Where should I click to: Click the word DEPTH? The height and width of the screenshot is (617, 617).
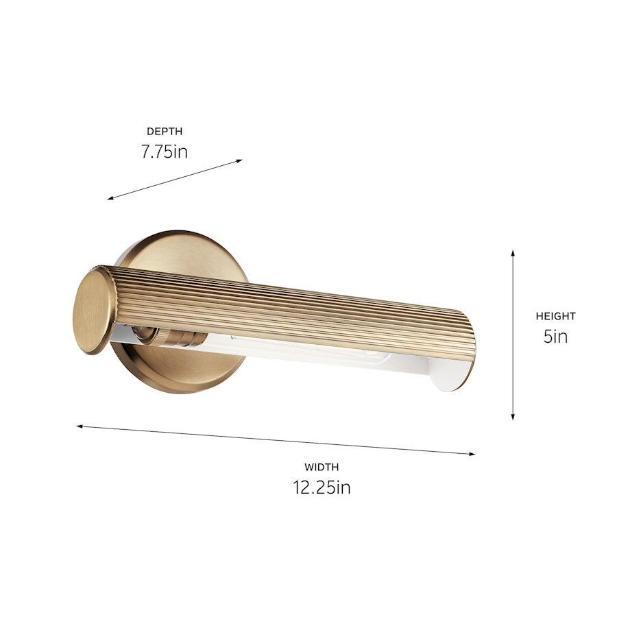point(165,131)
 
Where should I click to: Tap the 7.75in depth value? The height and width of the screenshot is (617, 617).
point(165,152)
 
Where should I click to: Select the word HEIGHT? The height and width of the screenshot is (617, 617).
point(556,316)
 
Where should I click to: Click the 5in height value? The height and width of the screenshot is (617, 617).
point(556,337)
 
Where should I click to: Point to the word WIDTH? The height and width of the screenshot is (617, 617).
point(322,467)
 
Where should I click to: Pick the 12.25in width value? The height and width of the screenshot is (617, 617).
point(322,487)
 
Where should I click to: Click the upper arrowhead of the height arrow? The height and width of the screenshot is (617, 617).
point(513,253)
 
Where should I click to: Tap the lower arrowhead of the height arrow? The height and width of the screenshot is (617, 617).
point(513,417)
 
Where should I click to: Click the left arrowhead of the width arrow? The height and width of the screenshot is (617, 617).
point(80,426)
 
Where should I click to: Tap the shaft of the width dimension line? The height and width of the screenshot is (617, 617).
point(274,439)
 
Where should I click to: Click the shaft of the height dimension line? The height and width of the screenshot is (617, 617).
point(513,336)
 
